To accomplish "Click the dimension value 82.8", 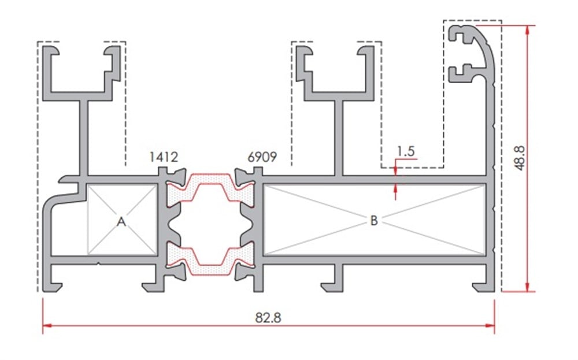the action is tap(268, 317).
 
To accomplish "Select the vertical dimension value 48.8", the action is tap(520, 158).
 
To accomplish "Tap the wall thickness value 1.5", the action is tap(406, 151).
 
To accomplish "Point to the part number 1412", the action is tap(164, 157).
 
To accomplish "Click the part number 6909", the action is tap(262, 157).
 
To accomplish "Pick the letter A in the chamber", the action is tap(121, 222).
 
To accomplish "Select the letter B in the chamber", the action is tap(374, 220).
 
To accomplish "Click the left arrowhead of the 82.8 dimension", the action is tap(47, 326).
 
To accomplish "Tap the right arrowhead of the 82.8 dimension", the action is tap(490, 326).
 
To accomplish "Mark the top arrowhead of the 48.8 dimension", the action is tap(528, 30).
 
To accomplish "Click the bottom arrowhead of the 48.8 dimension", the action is tap(528, 287).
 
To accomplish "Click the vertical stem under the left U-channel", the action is tap(84, 138).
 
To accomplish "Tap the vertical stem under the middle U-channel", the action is tap(339, 138).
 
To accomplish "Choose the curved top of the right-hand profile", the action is tap(483, 44).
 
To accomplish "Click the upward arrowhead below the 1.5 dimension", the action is tap(395, 188).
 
